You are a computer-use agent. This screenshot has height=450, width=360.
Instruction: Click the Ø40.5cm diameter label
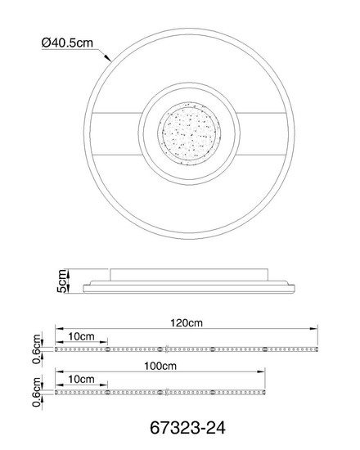tap(67, 43)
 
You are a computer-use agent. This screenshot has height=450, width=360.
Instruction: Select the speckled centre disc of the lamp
tap(189, 133)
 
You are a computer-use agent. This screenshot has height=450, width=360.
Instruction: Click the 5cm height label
tap(62, 281)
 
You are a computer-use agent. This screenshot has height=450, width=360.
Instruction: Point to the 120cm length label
tap(187, 323)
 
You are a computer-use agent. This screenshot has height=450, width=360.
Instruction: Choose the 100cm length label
tap(160, 366)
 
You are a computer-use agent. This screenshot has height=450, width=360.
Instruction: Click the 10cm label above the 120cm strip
tap(81, 336)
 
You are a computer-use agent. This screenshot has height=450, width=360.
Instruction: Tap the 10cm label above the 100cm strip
tap(81, 379)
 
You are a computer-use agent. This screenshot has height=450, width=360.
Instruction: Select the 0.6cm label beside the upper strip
tap(37, 349)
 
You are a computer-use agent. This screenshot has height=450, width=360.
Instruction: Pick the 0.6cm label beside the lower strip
tap(37, 392)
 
